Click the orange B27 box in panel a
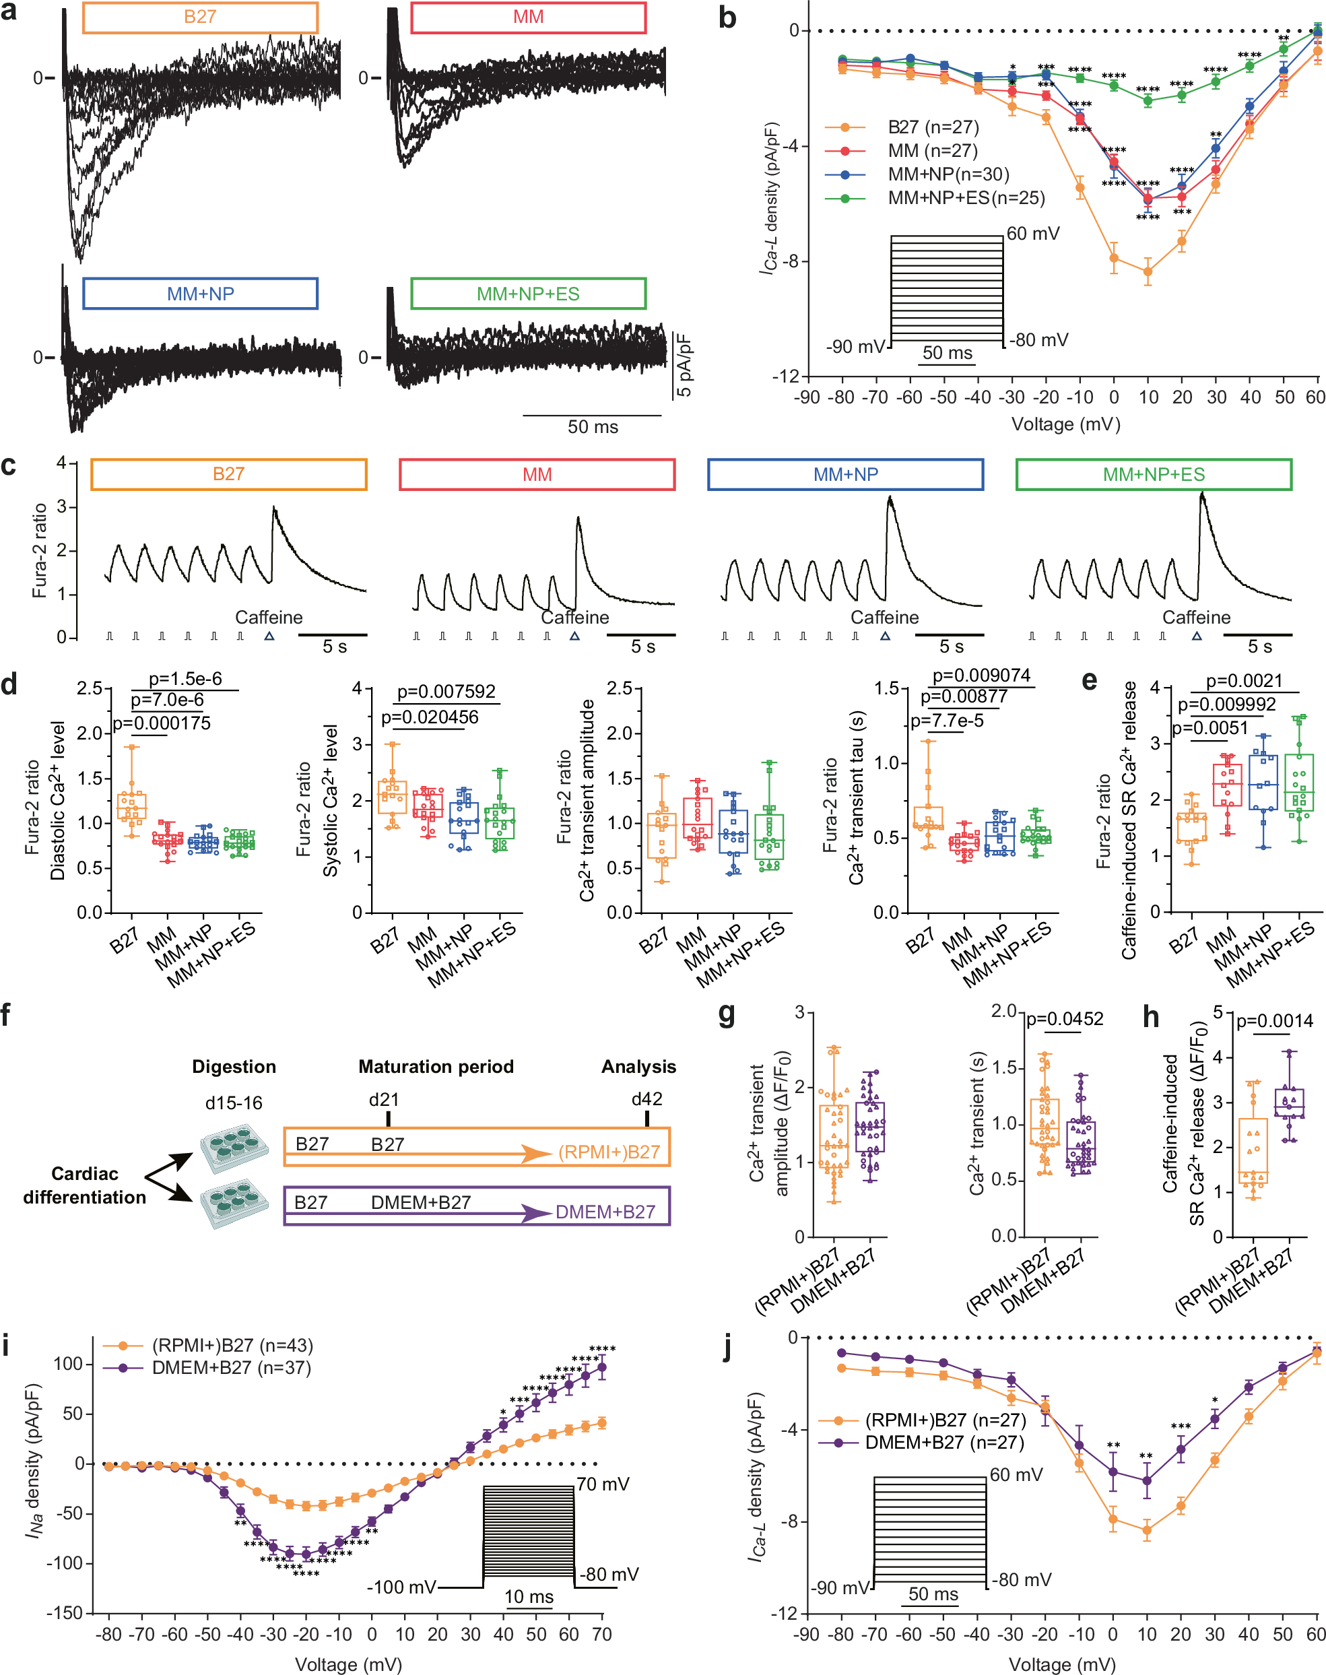coord(199,17)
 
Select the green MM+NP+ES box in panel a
coord(528,294)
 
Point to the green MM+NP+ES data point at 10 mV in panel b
coord(1148,101)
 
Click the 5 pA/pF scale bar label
coord(684,365)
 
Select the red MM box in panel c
coord(537,474)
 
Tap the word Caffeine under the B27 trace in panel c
coord(269,618)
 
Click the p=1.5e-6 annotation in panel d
coord(185,679)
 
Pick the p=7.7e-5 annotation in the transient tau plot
coord(947,721)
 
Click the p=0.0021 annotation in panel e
coord(1244,681)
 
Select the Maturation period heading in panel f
coord(436,1066)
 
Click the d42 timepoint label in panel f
coord(647,1098)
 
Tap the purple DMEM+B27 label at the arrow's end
coord(605,1212)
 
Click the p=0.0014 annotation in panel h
coord(1274,1020)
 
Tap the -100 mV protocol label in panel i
coord(401,1587)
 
